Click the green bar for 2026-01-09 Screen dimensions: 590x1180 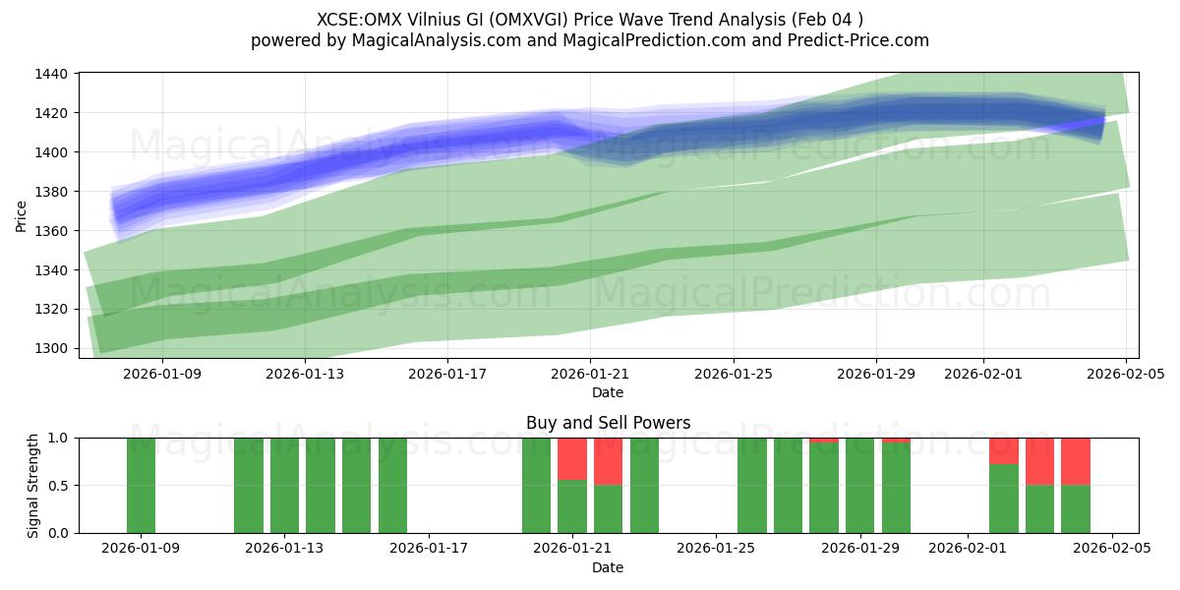(x=141, y=485)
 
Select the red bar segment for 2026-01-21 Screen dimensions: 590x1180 (x=572, y=458)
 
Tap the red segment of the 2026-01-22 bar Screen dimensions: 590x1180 (x=608, y=461)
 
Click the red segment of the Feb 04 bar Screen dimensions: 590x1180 (x=1076, y=461)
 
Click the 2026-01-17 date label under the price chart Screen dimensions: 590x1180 (x=447, y=374)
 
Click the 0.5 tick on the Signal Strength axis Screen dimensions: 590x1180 (x=58, y=486)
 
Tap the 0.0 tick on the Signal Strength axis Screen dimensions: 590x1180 (x=58, y=533)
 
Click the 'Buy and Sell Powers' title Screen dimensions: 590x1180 (x=608, y=423)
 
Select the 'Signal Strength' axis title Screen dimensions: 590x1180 (x=33, y=485)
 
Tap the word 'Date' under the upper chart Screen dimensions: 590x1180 (x=608, y=392)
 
